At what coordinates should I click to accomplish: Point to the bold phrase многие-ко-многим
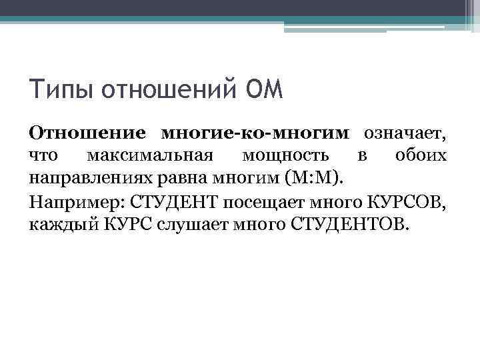(x=255, y=133)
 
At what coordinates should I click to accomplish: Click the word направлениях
(x=87, y=178)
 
